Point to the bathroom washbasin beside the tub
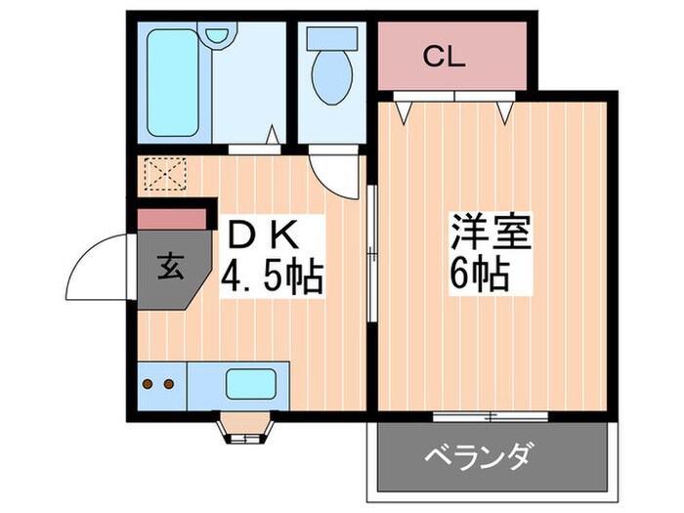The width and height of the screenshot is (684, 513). coord(217,36)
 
